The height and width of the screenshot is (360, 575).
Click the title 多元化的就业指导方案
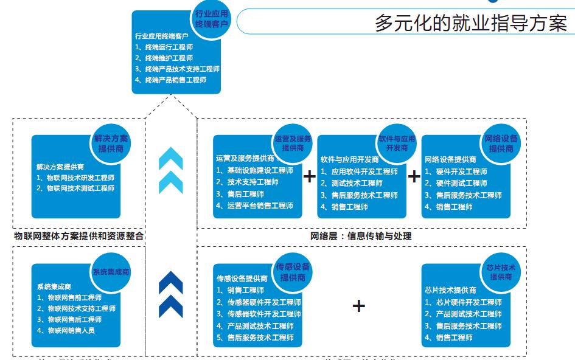[470, 22]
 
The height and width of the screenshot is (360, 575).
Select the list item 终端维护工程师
[164, 58]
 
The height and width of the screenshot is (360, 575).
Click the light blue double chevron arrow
[170, 171]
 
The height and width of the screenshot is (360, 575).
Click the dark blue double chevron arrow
[170, 294]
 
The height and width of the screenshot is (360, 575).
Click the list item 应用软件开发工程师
[359, 171]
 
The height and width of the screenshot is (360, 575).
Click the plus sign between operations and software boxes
[310, 176]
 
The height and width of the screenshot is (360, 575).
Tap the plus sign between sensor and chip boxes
[359, 305]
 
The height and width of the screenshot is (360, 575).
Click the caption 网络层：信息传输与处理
[361, 236]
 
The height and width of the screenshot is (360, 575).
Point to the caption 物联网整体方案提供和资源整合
[79, 236]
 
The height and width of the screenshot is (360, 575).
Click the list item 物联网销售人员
[72, 330]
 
